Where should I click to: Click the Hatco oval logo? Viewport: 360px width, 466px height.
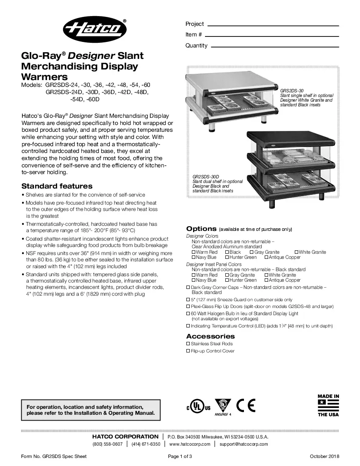[96, 30]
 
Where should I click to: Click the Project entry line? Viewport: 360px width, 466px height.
[273, 25]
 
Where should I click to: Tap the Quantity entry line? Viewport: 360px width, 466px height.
[275, 46]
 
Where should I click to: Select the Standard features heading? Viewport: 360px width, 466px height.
[57, 186]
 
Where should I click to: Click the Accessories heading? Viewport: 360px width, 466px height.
[210, 336]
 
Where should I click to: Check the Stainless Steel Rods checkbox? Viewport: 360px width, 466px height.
[188, 344]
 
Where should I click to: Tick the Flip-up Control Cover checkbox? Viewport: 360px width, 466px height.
[188, 351]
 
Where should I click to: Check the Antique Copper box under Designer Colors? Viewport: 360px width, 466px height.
[266, 257]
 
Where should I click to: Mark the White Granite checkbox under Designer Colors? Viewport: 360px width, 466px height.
[296, 252]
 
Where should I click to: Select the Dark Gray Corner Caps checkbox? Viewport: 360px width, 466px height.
[188, 287]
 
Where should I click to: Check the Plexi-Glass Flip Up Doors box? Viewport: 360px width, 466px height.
[188, 306]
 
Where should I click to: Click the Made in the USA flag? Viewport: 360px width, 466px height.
[328, 405]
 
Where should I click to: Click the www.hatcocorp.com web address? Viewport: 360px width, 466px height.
[190, 444]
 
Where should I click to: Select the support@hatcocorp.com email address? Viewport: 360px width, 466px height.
[244, 444]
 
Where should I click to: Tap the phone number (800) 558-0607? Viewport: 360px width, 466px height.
[108, 444]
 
